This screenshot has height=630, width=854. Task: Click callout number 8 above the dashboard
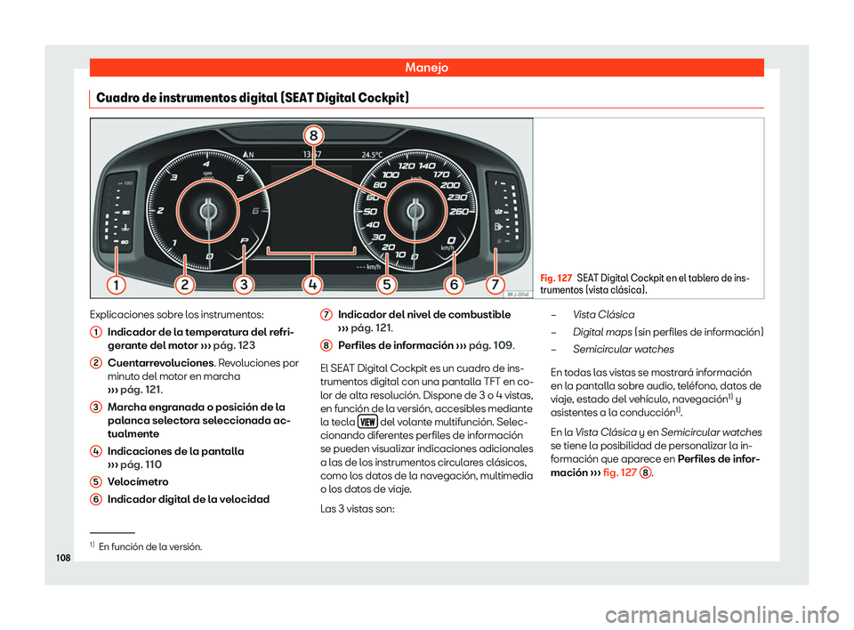[x=314, y=136]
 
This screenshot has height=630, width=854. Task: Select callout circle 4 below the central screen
[x=314, y=284]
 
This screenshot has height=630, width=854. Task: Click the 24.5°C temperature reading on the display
[x=372, y=152]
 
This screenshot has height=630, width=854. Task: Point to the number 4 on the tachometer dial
[x=206, y=166]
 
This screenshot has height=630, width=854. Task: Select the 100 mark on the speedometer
[x=391, y=175]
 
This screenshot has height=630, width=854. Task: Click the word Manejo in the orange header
[x=426, y=67]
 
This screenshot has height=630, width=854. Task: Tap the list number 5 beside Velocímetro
[x=94, y=481]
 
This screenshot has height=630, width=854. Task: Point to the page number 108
[x=62, y=562]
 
